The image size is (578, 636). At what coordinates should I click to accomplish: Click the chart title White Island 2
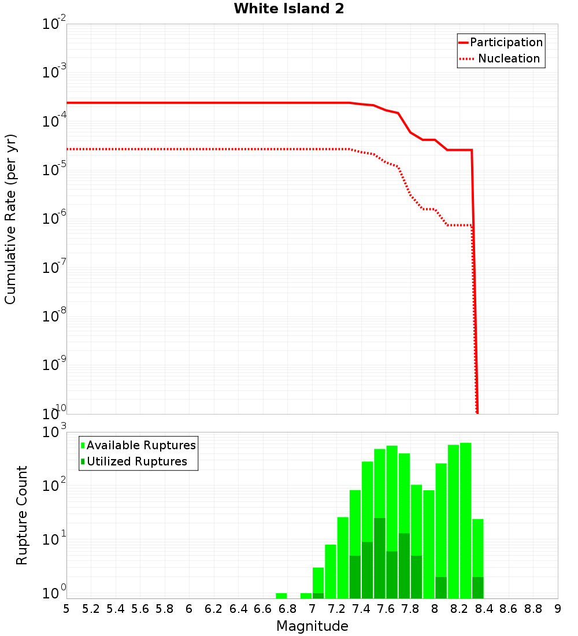coord(289,9)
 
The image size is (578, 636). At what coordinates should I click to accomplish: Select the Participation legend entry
coord(506,42)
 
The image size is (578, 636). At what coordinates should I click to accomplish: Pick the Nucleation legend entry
coord(508,58)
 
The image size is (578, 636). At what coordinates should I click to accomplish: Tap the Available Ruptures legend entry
coord(140,445)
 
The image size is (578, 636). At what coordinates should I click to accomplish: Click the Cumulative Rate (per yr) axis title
coord(10,219)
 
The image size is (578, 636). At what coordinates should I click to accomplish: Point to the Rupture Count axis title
coord(22,515)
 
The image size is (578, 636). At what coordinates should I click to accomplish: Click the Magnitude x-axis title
coord(312,626)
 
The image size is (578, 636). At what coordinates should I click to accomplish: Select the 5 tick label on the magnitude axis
coord(66,609)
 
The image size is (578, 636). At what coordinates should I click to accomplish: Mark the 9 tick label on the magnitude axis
coord(558,609)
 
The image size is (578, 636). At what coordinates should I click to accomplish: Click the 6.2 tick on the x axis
coord(214,609)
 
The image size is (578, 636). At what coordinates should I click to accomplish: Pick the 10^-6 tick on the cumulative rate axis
coord(54,219)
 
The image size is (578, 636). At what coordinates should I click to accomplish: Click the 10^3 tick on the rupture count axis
coord(54,432)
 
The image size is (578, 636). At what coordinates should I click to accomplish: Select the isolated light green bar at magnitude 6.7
coord(281,596)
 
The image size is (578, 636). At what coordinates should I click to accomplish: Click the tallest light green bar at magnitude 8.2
coord(466,520)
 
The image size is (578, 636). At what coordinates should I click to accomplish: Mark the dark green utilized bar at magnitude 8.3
coord(478,587)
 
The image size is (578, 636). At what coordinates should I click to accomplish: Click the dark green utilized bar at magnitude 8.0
coord(441,587)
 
